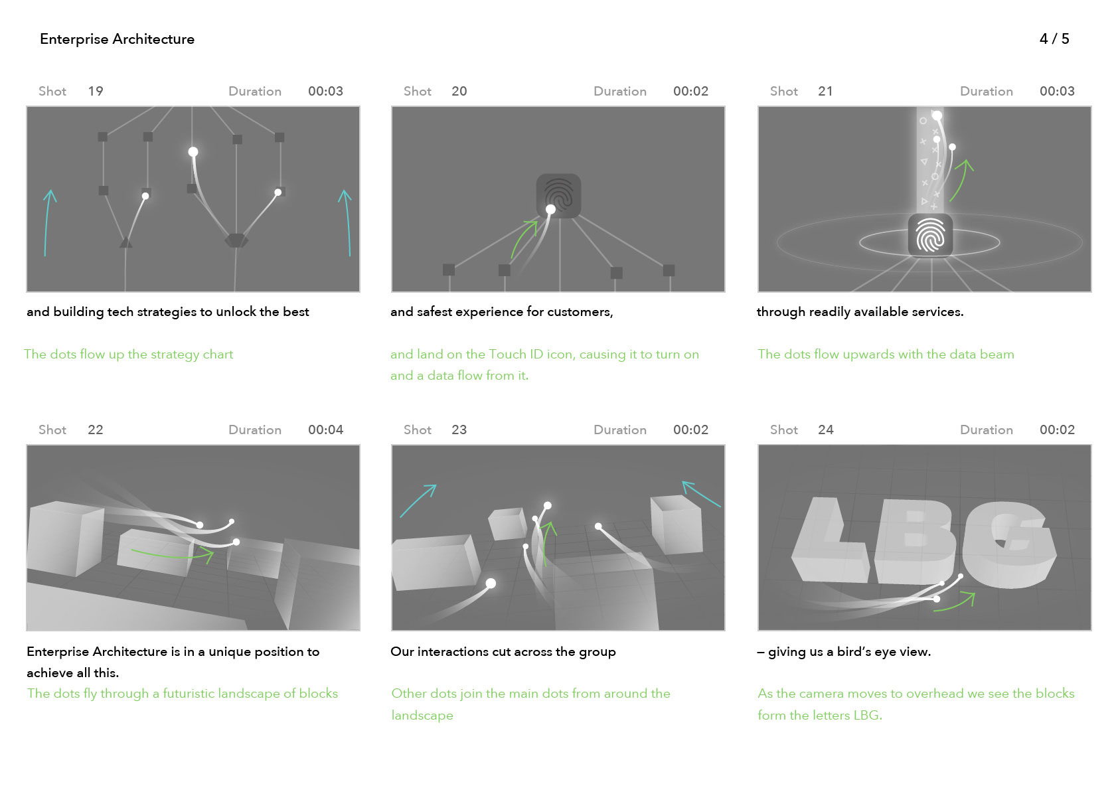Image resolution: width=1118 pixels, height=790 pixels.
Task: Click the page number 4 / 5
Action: (1054, 39)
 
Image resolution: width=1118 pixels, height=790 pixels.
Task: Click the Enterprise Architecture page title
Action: (118, 39)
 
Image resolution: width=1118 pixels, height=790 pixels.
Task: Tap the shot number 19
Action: (96, 92)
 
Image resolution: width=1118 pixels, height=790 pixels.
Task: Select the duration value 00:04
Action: (325, 430)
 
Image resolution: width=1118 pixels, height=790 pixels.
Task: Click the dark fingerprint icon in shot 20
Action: (558, 196)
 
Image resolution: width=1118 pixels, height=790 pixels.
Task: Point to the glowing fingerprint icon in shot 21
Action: (930, 236)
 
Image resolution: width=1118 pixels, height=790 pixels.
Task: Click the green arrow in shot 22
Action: (172, 555)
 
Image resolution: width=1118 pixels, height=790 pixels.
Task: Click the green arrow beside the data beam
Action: (961, 180)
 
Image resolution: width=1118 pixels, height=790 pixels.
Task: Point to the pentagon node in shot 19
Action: (236, 240)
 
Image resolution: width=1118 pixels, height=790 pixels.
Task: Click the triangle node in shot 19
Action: (125, 243)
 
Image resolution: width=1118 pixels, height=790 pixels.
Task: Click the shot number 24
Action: (825, 430)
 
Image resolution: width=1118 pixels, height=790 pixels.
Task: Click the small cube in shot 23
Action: (507, 524)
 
